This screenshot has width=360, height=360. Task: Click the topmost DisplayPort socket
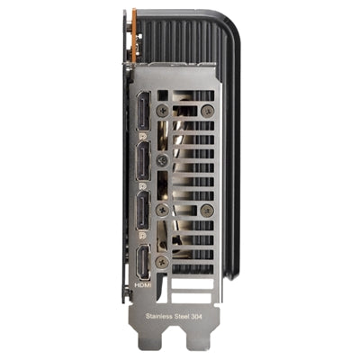(x=143, y=112)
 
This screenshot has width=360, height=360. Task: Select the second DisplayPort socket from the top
(x=143, y=161)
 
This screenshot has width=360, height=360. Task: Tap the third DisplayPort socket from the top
(x=143, y=211)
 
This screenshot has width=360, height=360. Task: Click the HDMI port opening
(x=143, y=262)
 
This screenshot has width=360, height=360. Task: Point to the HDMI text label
(x=143, y=284)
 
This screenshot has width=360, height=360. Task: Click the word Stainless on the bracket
(x=159, y=316)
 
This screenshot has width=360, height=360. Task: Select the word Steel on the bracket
(x=182, y=316)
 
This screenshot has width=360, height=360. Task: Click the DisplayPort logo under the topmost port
(x=143, y=137)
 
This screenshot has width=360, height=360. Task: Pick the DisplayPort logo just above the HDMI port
(x=143, y=236)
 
